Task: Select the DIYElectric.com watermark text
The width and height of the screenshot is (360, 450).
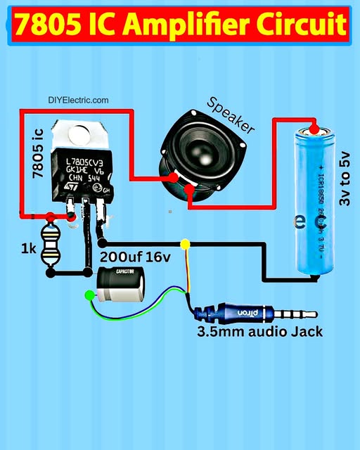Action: [78, 101]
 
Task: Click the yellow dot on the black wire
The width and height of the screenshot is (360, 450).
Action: [186, 245]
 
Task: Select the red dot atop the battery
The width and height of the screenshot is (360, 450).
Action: [314, 129]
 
